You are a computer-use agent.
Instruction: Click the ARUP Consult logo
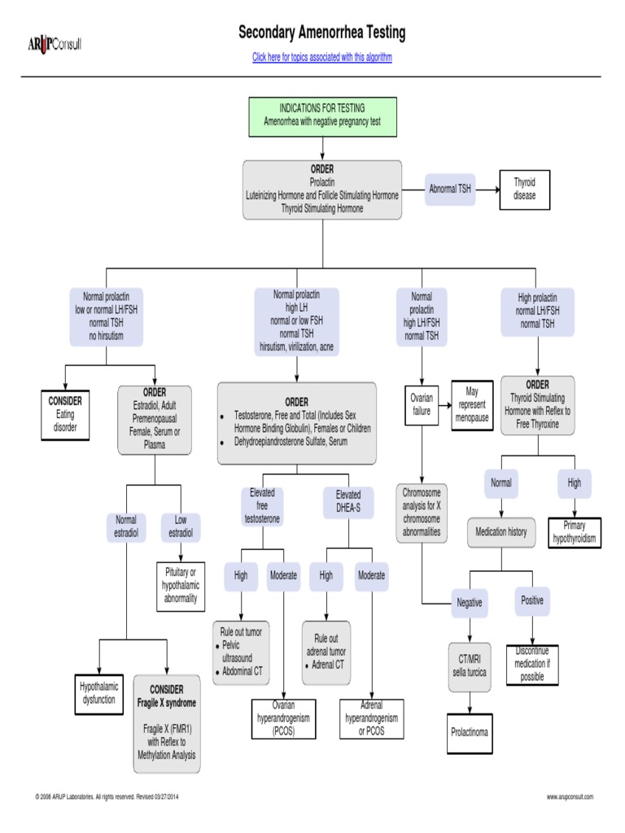[55, 42]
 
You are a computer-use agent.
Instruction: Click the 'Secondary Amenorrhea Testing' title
[321, 33]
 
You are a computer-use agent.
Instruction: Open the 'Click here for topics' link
[321, 57]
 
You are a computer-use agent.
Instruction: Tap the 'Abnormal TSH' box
[450, 189]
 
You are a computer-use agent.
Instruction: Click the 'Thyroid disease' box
[525, 189]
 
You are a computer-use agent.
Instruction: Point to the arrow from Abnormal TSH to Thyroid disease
[487, 189]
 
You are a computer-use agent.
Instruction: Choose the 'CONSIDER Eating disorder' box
[65, 414]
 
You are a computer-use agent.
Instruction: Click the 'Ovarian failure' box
[422, 405]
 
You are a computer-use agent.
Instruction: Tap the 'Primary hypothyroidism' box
[575, 532]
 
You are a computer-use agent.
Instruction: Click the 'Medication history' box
[501, 532]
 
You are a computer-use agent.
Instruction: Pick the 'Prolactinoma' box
[470, 732]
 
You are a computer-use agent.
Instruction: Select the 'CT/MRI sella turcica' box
[470, 666]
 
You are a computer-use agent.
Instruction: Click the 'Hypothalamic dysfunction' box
[98, 693]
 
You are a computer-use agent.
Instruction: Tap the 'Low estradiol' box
[181, 526]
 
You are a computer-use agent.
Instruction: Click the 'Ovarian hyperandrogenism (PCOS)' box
[283, 719]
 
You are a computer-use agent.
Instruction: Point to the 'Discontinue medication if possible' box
[531, 664]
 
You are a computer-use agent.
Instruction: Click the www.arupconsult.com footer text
[570, 796]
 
